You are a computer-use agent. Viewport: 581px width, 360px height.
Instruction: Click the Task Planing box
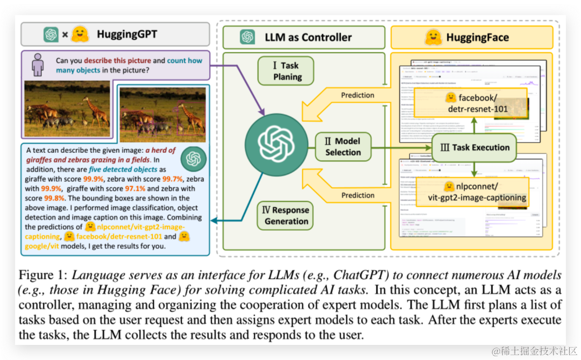pyautogui.click(x=287, y=71)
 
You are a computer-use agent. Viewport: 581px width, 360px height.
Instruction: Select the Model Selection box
pyautogui.click(x=343, y=146)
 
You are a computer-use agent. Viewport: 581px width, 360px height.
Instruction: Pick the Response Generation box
pyautogui.click(x=286, y=215)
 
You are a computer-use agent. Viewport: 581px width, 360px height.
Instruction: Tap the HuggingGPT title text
pyautogui.click(x=127, y=34)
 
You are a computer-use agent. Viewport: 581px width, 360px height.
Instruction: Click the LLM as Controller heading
pyautogui.click(x=308, y=37)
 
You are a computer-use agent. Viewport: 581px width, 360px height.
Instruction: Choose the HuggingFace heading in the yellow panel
pyautogui.click(x=477, y=38)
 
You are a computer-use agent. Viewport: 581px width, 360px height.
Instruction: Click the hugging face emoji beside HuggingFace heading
pyautogui.click(x=433, y=37)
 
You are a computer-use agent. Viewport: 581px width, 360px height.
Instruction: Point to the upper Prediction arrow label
pyautogui.click(x=358, y=95)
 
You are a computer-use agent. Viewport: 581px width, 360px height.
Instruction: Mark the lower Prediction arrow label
pyautogui.click(x=358, y=195)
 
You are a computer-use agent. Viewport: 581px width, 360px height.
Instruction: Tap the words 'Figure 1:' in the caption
pyautogui.click(x=43, y=276)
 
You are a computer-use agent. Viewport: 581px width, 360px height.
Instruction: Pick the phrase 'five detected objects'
pyautogui.click(x=123, y=170)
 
